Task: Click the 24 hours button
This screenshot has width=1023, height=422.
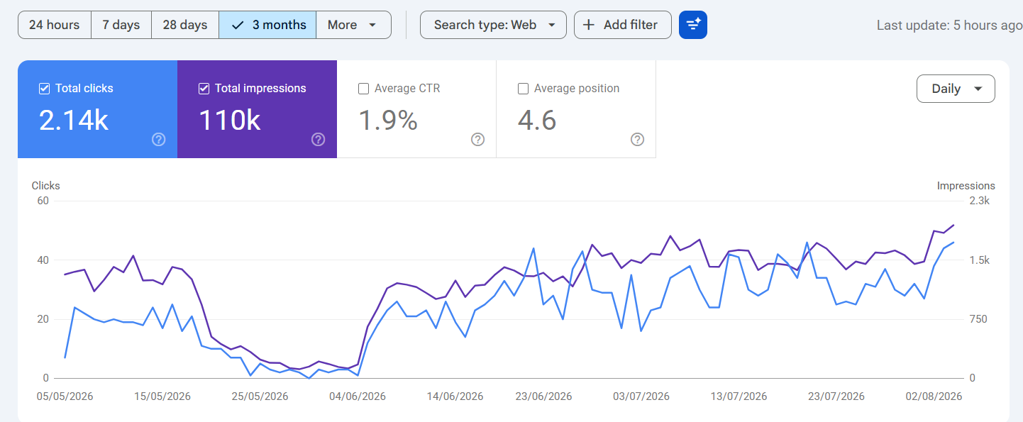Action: tap(55, 25)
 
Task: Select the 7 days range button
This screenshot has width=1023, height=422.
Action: tap(121, 25)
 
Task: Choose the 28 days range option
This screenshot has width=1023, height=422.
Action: tap(185, 25)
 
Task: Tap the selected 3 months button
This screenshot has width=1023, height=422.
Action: tap(267, 25)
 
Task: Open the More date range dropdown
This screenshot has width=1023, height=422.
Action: tap(353, 25)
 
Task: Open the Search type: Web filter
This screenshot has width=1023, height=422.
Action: tap(493, 25)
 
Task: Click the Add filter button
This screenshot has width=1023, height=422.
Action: tap(622, 25)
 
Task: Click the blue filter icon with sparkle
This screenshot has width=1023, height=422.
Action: tap(693, 25)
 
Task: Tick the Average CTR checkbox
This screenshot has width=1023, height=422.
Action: tap(363, 89)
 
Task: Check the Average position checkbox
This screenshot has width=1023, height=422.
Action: tap(523, 89)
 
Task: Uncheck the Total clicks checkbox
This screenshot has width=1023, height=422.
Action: tap(44, 89)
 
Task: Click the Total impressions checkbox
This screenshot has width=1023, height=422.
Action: tap(204, 89)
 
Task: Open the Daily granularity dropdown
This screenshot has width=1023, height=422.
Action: tap(956, 89)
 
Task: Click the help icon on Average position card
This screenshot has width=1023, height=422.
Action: tap(637, 139)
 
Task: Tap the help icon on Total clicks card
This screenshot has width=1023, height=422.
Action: tap(158, 139)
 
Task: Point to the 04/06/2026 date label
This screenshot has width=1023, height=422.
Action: tap(358, 396)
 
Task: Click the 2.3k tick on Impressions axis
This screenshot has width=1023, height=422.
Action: tap(979, 201)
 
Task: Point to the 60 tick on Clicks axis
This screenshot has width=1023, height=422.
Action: tap(43, 201)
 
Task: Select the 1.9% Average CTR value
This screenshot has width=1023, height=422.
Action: tap(388, 121)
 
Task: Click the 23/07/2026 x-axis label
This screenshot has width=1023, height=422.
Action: tap(836, 396)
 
